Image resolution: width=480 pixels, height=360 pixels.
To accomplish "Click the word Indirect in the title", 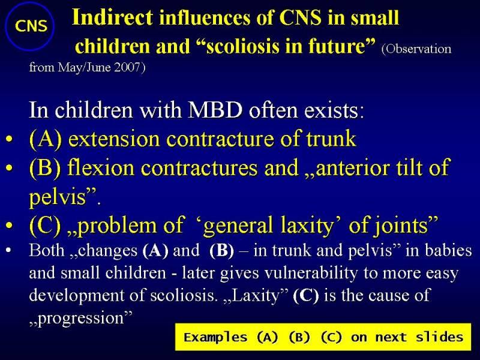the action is click(112, 17).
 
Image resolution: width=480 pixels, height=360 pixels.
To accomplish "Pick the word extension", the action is click(114, 139).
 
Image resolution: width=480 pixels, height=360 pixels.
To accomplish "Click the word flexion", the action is click(101, 168).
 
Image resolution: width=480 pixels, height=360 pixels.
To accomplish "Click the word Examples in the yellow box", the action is click(215, 337).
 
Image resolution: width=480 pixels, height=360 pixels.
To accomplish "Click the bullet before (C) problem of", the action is click(9, 226).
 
